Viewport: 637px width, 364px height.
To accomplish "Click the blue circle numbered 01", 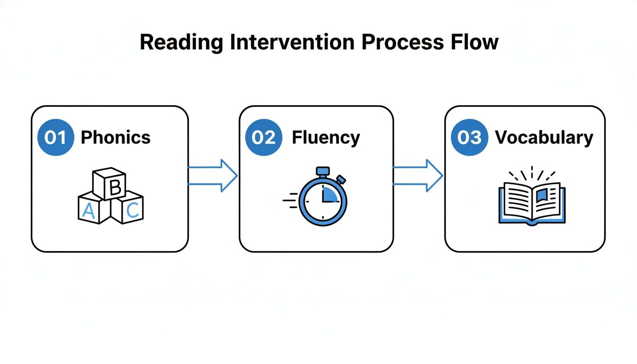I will pos(55,137).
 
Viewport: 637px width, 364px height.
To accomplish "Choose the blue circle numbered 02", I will pos(264,137).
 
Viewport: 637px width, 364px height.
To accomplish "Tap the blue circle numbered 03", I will pos(469,137).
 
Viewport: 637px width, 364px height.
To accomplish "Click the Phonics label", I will pos(116,137).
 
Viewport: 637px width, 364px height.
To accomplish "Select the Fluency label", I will pos(326,137).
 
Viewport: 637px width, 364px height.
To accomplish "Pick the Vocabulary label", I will pos(544,137).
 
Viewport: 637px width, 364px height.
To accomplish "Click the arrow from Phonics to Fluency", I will pos(213,175).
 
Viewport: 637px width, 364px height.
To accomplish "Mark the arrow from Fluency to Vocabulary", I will pos(419,175).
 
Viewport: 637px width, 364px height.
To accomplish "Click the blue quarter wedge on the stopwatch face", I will pos(329,194).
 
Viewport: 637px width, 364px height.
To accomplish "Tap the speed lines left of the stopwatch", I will pos(290,200).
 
